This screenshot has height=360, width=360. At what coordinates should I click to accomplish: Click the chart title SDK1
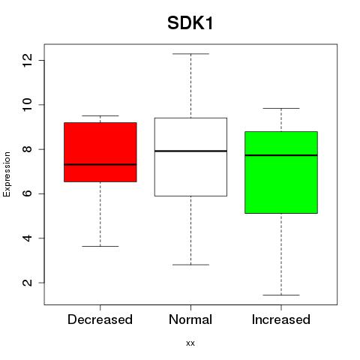(190, 23)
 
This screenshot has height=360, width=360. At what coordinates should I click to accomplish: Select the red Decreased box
(100, 152)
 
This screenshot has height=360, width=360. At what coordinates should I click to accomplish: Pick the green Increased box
(281, 172)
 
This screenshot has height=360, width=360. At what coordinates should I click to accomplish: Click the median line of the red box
(100, 164)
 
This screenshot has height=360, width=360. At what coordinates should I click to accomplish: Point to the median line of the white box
(190, 151)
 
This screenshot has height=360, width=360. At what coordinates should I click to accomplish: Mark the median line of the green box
(281, 155)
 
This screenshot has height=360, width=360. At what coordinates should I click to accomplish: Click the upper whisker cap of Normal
(190, 54)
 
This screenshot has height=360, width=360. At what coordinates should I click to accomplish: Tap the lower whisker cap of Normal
(190, 265)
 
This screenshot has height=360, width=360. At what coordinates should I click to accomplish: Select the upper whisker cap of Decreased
(100, 115)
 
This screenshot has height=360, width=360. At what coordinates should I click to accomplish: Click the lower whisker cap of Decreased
(100, 246)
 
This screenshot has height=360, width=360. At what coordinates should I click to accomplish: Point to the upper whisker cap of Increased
(281, 108)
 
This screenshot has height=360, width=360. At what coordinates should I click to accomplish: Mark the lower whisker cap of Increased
(281, 295)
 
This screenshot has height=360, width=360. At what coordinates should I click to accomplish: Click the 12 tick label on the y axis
(27, 60)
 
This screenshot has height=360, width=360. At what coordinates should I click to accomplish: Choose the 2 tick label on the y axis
(27, 283)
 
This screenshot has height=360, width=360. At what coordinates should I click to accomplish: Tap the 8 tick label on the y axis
(27, 149)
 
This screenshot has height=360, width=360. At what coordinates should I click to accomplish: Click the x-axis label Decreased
(100, 319)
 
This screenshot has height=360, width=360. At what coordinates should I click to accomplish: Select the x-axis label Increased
(281, 319)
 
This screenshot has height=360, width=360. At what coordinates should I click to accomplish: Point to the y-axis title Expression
(7, 174)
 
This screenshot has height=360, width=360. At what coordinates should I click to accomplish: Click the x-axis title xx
(190, 343)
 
